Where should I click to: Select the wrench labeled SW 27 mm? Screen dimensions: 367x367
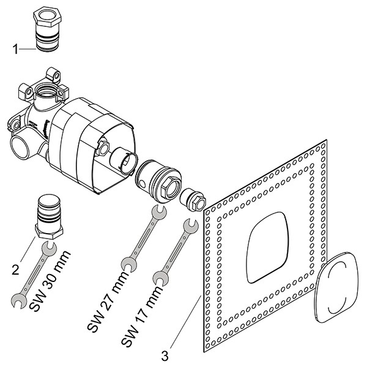click(x=143, y=239)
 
